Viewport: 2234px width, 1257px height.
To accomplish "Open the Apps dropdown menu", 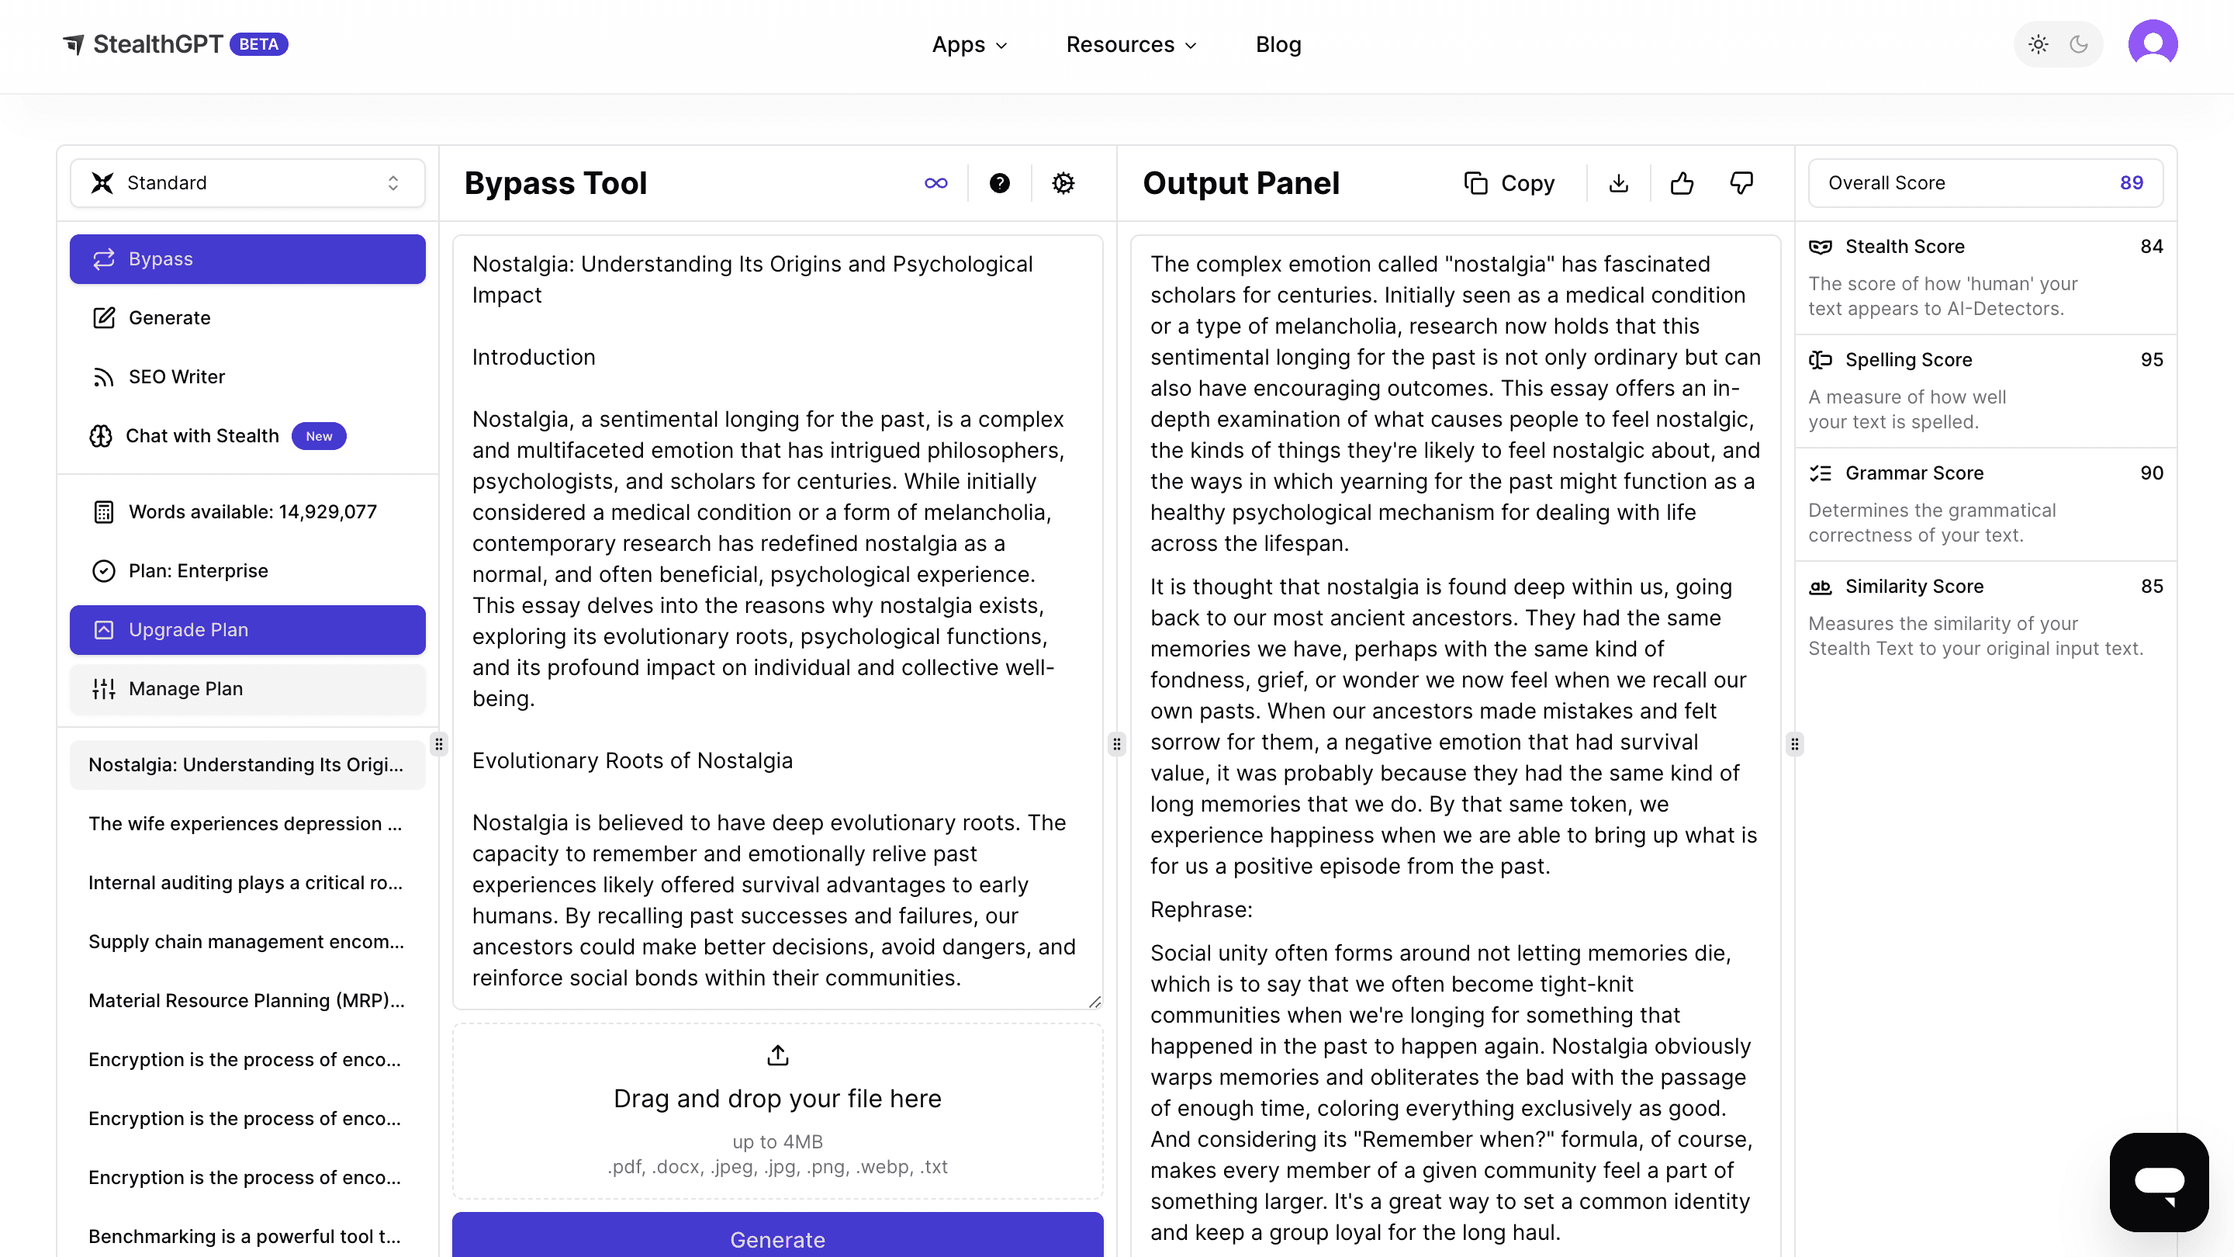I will (969, 44).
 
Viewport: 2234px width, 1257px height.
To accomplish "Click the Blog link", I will (1278, 44).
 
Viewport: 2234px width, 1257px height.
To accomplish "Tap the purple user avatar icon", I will (2153, 43).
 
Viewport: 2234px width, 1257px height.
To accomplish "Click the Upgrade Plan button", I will (247, 630).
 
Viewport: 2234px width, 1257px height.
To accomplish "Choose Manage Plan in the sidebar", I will (247, 689).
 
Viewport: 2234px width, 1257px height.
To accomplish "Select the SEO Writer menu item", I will (176, 376).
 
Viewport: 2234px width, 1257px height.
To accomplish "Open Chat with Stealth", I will (202, 435).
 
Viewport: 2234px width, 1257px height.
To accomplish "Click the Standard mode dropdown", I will (247, 183).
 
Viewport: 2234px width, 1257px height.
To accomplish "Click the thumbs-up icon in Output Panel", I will (1682, 183).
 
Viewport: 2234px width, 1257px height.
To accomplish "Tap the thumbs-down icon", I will (1741, 183).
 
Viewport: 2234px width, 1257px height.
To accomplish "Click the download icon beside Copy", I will (1618, 183).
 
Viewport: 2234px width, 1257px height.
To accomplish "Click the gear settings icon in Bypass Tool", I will (1063, 183).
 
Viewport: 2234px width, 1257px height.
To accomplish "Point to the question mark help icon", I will (999, 183).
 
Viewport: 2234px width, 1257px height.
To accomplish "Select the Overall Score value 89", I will (2131, 183).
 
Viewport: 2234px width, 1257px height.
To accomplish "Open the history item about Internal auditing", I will (245, 882).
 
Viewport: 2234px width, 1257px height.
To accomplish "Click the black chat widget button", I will (2159, 1182).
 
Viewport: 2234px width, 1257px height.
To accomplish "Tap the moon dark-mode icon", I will (2079, 44).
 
